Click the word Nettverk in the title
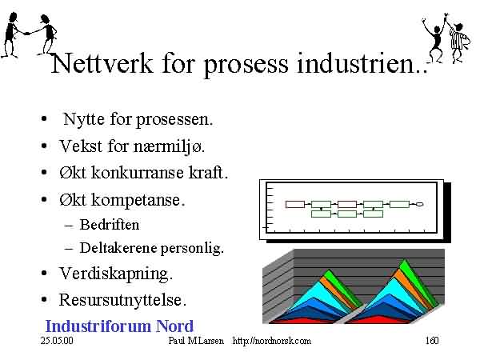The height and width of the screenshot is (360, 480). (102, 63)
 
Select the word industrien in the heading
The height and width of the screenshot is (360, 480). (355, 63)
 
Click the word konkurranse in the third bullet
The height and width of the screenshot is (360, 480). (138, 173)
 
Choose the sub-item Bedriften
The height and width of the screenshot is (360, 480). (110, 225)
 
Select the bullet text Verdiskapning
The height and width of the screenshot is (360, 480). (116, 274)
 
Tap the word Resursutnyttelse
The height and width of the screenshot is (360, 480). (122, 300)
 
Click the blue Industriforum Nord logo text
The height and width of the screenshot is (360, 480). (119, 326)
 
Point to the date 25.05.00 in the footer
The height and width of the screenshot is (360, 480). (57, 341)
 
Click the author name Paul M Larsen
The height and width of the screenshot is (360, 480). (196, 341)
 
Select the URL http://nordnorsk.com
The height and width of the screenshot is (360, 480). (272, 341)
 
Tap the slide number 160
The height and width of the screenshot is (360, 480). (432, 341)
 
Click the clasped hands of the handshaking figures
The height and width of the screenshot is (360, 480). (26, 34)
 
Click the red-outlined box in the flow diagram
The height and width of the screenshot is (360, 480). (295, 204)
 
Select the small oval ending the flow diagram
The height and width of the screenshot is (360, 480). (420, 204)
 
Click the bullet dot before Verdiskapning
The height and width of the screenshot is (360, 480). (44, 274)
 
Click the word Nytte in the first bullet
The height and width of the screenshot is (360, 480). (83, 119)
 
